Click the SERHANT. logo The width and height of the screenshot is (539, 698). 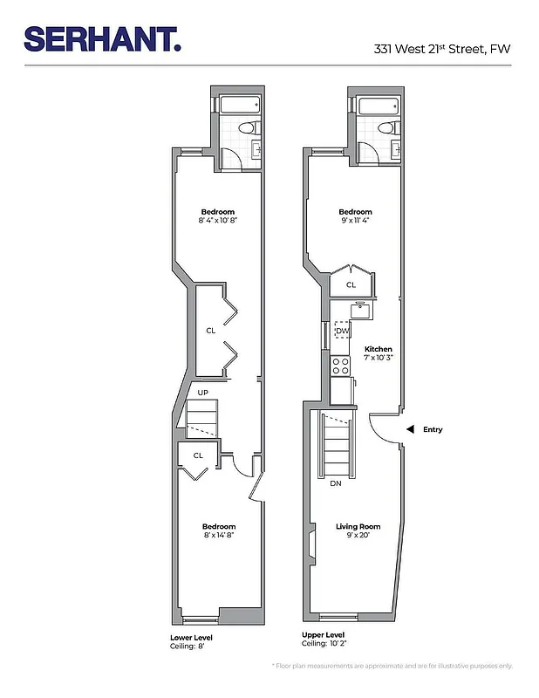pyautogui.click(x=102, y=40)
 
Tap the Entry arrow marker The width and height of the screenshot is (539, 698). pyautogui.click(x=408, y=429)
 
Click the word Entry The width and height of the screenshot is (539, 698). pyautogui.click(x=433, y=429)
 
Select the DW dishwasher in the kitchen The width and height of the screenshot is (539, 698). pyautogui.click(x=342, y=332)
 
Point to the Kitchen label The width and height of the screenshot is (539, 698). pyautogui.click(x=378, y=349)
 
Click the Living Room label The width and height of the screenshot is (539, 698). pyautogui.click(x=358, y=526)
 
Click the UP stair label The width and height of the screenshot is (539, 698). pyautogui.click(x=202, y=393)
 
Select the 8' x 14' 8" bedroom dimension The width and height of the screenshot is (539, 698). pyautogui.click(x=218, y=535)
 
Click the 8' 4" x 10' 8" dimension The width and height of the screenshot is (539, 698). pyautogui.click(x=217, y=221)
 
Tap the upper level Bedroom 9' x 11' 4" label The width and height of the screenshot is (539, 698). pyautogui.click(x=355, y=216)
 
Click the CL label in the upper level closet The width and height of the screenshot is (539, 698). pyautogui.click(x=351, y=284)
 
